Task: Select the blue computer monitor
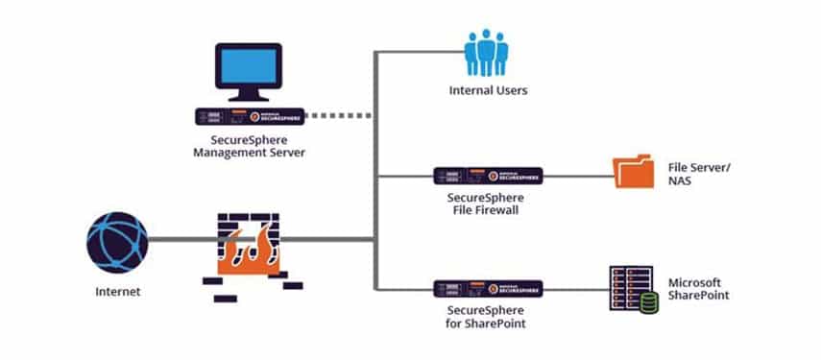point(248,75)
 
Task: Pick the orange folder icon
point(633,174)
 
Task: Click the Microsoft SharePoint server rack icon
point(631,285)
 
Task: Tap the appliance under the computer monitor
point(249,116)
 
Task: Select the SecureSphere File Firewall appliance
point(488,175)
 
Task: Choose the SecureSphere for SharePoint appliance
point(488,287)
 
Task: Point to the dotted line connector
point(339,116)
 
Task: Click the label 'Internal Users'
point(488,91)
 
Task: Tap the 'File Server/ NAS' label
point(699,175)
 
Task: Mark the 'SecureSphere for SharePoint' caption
point(488,317)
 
